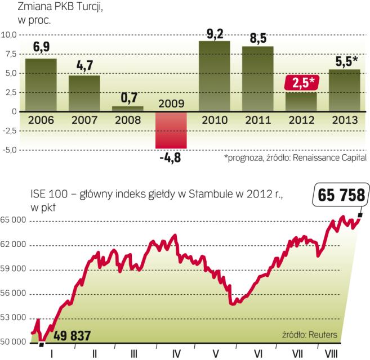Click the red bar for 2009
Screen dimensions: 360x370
[171, 130]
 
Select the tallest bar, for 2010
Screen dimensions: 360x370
[214, 76]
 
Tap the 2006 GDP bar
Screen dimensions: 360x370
[41, 84]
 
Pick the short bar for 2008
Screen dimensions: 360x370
[127, 109]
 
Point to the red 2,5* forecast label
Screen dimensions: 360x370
[301, 83]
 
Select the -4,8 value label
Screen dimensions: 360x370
[171, 157]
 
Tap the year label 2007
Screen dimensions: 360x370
[84, 119]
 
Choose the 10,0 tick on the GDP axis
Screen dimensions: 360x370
[10, 34]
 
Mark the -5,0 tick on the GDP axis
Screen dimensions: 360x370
[10, 150]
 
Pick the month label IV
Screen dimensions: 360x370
[176, 354]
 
